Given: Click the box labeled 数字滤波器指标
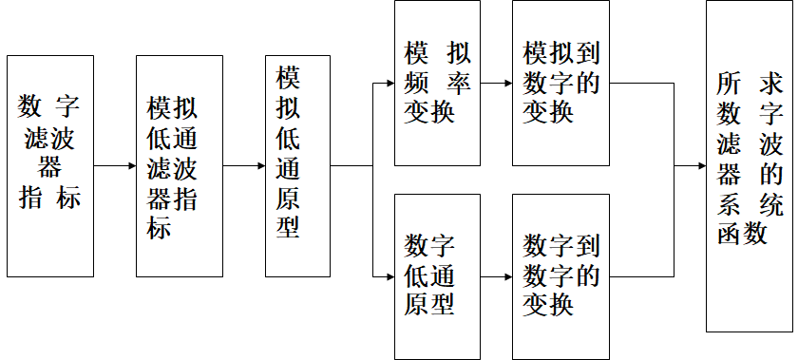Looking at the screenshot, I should tap(50, 166).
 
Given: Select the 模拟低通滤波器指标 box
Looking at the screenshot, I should tap(180, 166).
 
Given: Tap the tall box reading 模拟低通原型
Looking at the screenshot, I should tap(297, 166).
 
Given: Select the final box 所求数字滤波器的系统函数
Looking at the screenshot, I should tap(750, 166).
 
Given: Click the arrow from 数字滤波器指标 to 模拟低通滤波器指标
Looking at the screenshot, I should tap(115, 166).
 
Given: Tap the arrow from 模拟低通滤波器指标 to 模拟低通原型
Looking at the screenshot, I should tap(244, 166).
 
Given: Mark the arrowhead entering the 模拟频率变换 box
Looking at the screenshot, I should tap(388, 83).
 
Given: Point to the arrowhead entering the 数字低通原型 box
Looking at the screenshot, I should tap(388, 276).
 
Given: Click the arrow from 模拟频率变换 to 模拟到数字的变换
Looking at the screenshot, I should tap(496, 83).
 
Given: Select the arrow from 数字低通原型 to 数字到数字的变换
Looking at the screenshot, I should tap(496, 276).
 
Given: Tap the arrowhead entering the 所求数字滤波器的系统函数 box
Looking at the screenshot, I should tap(699, 166).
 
